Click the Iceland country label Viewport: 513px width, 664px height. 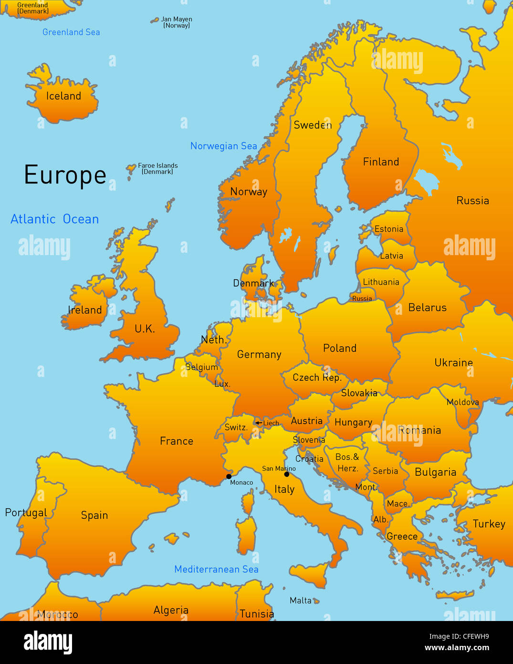pyautogui.click(x=63, y=96)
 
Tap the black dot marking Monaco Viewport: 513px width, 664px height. pyautogui.click(x=229, y=476)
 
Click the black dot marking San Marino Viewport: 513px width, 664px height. pyautogui.click(x=286, y=474)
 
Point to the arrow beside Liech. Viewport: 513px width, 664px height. pyautogui.click(x=258, y=423)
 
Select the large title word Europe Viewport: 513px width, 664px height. pyautogui.click(x=65, y=175)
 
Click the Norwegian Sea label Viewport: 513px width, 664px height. pyautogui.click(x=223, y=146)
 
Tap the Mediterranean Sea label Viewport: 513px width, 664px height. pyautogui.click(x=216, y=569)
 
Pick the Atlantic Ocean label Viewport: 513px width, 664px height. pyautogui.click(x=55, y=219)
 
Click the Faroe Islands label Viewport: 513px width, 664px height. pyautogui.click(x=157, y=168)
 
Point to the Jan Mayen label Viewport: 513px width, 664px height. pyautogui.click(x=177, y=22)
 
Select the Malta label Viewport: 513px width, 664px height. pyautogui.click(x=301, y=600)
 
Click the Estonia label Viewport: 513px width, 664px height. pyautogui.click(x=389, y=229)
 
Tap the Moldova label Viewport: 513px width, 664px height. pyautogui.click(x=462, y=402)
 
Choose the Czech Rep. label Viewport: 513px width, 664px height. pyautogui.click(x=317, y=377)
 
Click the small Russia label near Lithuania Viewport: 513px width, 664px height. pyautogui.click(x=362, y=299)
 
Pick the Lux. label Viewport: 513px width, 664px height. pyautogui.click(x=222, y=384)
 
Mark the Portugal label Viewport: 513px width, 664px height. pyautogui.click(x=26, y=513)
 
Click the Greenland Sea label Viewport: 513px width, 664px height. pyautogui.click(x=71, y=32)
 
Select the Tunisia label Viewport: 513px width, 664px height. pyautogui.click(x=257, y=614)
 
